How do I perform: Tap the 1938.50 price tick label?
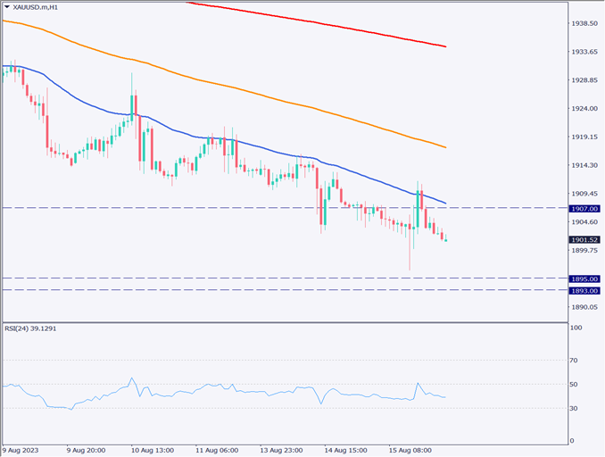[584, 23]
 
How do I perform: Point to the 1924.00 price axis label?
[584, 109]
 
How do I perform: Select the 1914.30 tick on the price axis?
[584, 165]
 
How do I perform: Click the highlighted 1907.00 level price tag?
[585, 208]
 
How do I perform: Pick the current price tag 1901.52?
[585, 240]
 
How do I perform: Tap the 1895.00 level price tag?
[585, 278]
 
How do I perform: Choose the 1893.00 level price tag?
[585, 290]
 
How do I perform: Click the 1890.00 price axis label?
[584, 307]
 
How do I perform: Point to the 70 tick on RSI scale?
[576, 360]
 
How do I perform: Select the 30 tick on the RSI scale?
[576, 408]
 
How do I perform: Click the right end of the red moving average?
[446, 46]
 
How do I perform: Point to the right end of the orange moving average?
[446, 147]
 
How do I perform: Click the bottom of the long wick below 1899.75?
[410, 270]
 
